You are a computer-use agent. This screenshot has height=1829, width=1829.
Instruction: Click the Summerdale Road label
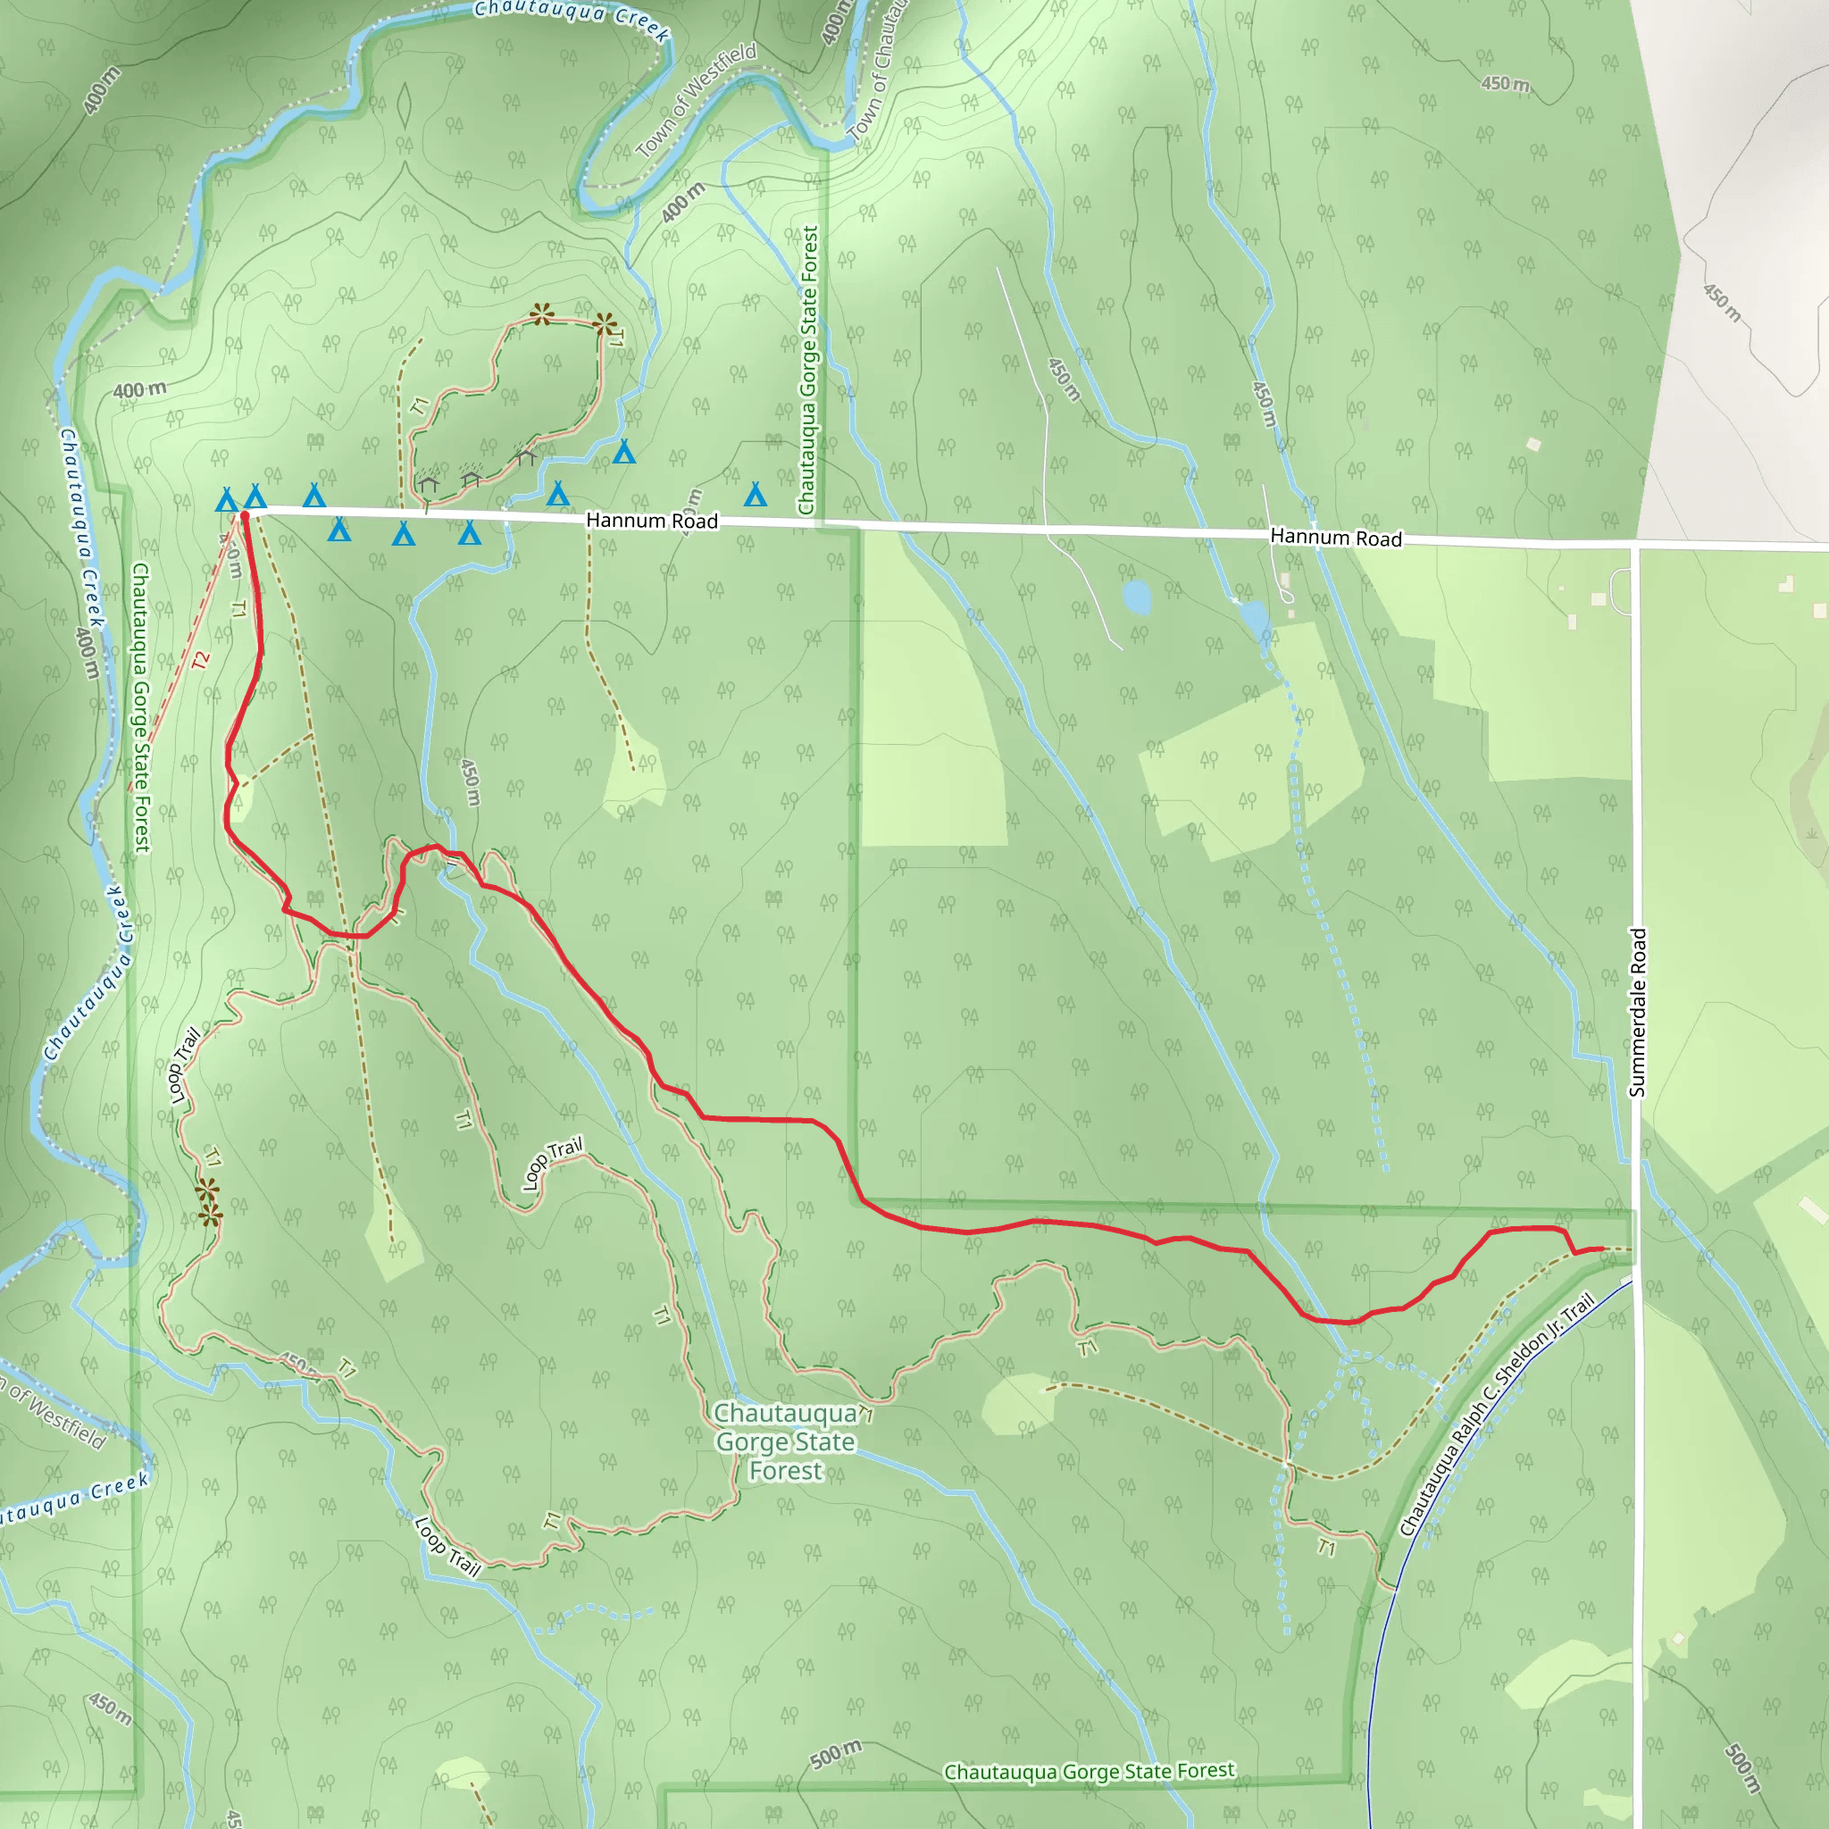click(1639, 1012)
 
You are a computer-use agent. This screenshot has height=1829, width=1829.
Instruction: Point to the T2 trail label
click(201, 660)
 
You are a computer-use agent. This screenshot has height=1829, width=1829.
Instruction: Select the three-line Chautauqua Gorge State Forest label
click(785, 1441)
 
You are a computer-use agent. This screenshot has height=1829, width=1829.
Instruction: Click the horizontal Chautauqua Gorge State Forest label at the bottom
click(1089, 1771)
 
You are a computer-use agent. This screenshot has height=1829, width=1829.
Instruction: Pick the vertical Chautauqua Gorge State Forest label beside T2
click(141, 706)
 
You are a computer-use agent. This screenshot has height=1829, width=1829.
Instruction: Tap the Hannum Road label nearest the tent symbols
click(651, 521)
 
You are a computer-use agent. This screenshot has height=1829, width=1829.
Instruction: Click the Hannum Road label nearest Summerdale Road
click(1335, 538)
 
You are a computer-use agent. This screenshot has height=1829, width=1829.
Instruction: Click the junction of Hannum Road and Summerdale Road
click(1636, 547)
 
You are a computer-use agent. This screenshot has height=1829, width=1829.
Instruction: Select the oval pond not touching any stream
click(1135, 597)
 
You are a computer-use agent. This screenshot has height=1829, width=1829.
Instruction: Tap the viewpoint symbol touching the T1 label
click(604, 325)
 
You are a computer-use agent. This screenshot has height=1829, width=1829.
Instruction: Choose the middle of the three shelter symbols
click(471, 479)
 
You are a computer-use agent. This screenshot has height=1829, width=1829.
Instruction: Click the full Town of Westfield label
click(697, 100)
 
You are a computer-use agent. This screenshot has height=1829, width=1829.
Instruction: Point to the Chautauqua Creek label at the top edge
click(572, 19)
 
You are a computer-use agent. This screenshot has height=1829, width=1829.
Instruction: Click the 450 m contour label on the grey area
click(1722, 302)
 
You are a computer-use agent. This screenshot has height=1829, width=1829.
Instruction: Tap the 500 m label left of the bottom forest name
click(836, 1753)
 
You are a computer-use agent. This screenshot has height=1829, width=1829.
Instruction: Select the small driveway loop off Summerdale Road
click(1620, 590)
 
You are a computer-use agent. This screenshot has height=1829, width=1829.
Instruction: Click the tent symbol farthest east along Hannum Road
click(755, 493)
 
